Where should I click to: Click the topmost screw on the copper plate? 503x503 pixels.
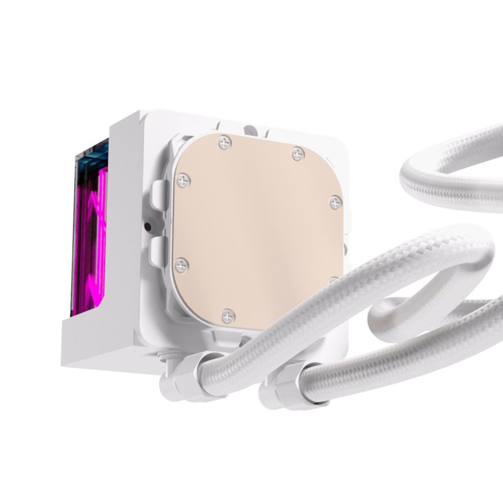[225, 143]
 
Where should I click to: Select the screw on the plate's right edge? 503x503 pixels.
[335, 202]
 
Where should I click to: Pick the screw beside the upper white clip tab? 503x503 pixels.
[183, 181]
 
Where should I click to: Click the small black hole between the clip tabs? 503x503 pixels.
[147, 226]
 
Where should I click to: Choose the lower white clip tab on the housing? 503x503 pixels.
[158, 250]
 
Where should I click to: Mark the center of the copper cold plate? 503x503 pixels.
[258, 229]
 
